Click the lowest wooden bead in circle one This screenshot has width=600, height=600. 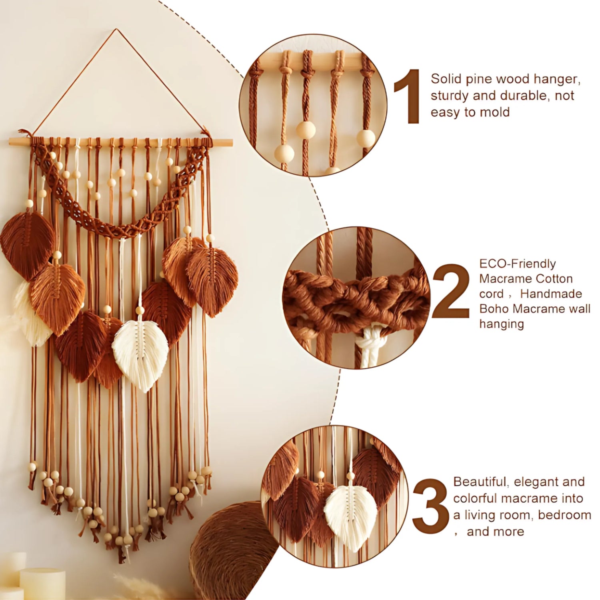click(284, 154)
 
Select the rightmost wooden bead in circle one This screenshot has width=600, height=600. click(366, 138)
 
